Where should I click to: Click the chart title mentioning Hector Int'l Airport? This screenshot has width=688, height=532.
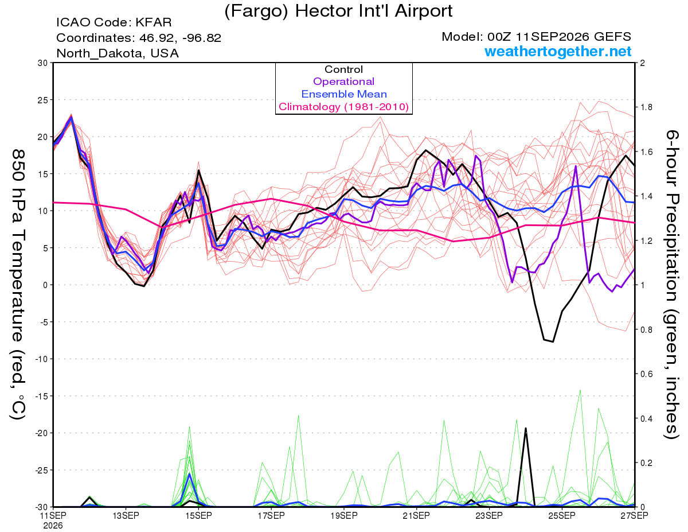point(338,11)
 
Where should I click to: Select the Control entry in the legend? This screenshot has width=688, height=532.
point(343,69)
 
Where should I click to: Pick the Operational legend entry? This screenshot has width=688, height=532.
point(343,81)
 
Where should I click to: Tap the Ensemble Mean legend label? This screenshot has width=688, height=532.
point(344,94)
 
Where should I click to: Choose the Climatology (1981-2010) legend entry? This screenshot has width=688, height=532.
point(343,107)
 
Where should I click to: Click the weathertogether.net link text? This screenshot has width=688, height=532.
point(558,51)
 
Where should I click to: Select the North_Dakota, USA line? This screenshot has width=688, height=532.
point(118,53)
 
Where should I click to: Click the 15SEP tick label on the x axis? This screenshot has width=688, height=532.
point(198,515)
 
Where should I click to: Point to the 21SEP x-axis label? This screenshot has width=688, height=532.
point(416,515)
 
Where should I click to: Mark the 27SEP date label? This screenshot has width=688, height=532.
point(634,515)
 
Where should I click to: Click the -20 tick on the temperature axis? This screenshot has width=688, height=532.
point(41,433)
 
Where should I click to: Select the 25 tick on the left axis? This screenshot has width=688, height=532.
point(43,100)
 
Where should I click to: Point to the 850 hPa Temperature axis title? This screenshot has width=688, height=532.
point(18,284)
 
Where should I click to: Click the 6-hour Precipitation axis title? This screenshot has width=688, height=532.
point(672,284)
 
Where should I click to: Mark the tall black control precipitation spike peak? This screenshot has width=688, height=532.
point(526,428)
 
